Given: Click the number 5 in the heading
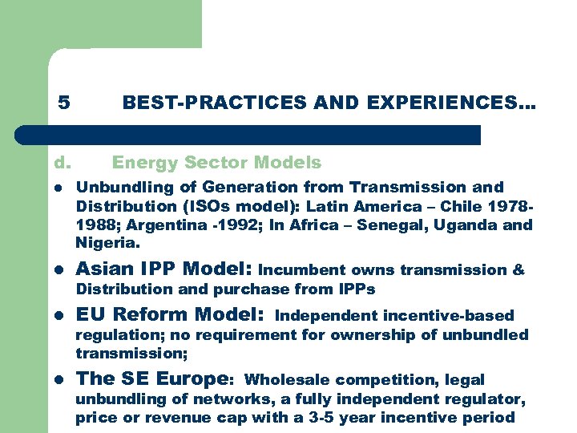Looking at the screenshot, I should [x=64, y=103].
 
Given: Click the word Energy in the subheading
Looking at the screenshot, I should [x=145, y=163].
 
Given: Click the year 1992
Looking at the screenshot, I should [x=211, y=225].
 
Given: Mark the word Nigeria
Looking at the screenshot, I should [x=107, y=242].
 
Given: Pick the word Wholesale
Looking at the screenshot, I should [x=285, y=380].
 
